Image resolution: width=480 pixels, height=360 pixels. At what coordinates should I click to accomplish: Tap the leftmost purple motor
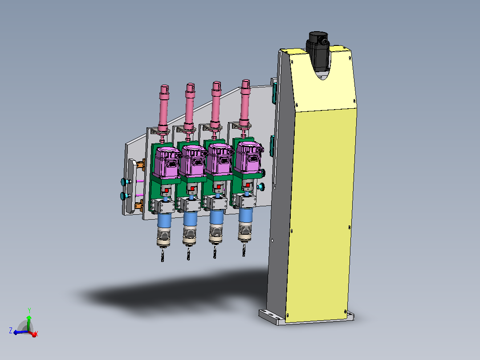(167, 162)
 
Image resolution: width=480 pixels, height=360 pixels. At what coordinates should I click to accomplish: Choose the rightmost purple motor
(248, 157)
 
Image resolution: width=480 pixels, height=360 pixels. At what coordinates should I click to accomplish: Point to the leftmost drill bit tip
(162, 261)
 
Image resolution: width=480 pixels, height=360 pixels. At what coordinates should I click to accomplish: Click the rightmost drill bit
(244, 250)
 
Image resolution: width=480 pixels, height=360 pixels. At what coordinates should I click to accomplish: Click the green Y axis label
(29, 311)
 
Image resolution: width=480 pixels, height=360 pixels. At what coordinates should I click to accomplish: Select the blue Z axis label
(11, 331)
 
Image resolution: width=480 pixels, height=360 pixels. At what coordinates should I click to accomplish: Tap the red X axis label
(37, 333)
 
